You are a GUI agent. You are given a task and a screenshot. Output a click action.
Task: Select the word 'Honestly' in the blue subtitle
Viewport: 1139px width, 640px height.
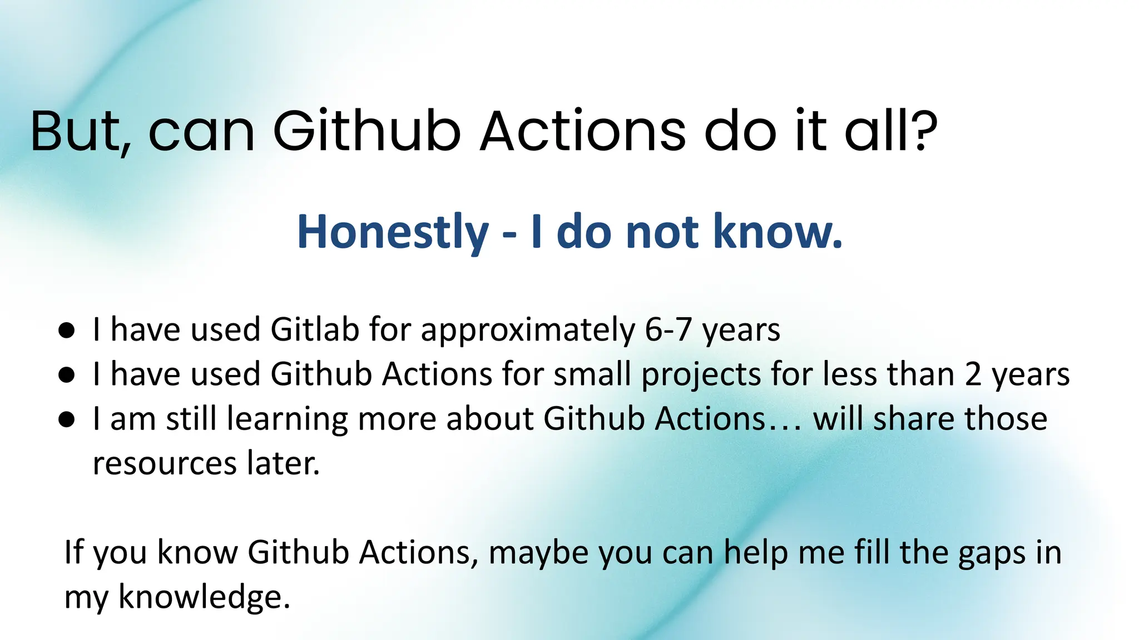click(393, 232)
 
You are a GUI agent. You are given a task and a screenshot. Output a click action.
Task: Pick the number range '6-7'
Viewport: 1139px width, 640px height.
click(668, 330)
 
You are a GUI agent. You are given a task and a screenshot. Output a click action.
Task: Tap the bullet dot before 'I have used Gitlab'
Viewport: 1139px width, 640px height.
click(66, 331)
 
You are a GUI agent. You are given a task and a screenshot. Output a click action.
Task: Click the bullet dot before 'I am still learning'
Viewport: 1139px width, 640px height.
click(66, 420)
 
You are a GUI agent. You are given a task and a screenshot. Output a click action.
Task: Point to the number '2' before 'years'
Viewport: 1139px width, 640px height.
click(973, 374)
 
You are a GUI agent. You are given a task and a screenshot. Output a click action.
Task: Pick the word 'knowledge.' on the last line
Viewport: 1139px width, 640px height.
click(204, 598)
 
